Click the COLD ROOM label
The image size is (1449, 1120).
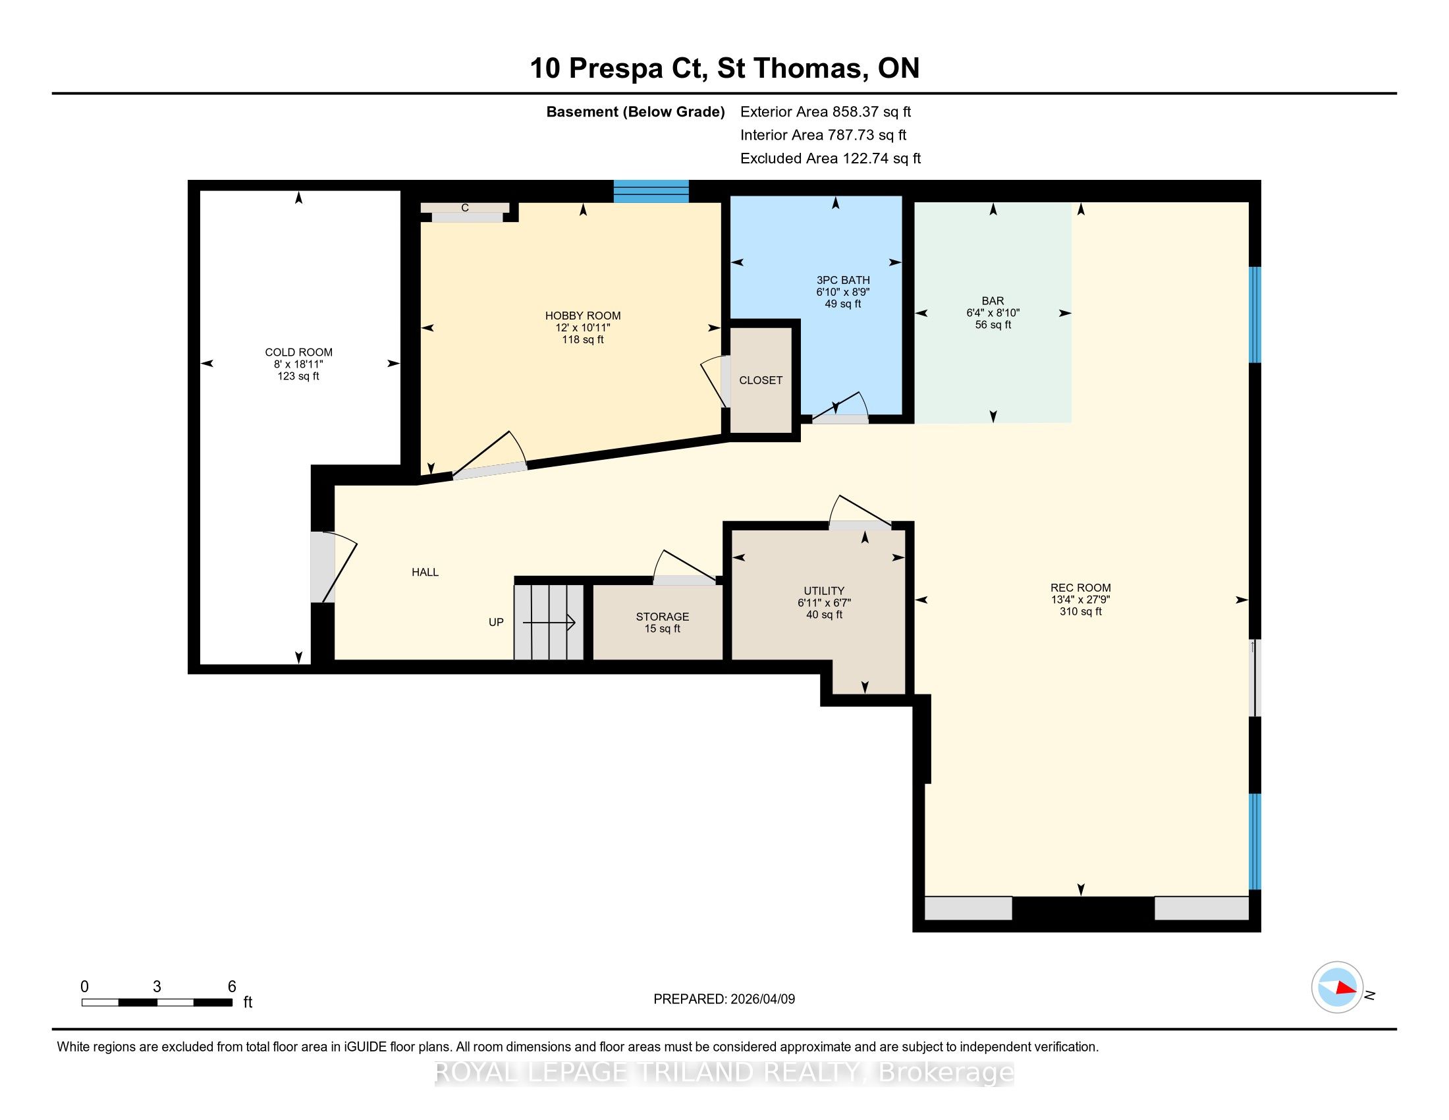298,352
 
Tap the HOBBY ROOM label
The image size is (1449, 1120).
583,316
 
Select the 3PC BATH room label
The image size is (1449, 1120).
843,280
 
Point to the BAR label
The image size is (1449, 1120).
993,300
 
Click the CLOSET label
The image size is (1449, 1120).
761,380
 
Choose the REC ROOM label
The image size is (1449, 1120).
1081,587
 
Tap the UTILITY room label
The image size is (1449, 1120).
824,590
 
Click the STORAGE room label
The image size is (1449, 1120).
662,617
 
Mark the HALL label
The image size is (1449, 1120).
425,572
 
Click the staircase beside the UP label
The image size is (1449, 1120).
549,623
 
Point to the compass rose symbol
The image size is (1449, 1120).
1337,987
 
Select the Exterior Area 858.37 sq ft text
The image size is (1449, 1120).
826,111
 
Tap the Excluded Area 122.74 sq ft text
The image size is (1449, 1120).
831,158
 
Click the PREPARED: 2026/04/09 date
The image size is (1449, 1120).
724,999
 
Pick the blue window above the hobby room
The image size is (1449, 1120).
651,191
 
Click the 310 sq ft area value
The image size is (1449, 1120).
1081,611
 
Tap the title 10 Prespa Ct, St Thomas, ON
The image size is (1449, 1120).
724,68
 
